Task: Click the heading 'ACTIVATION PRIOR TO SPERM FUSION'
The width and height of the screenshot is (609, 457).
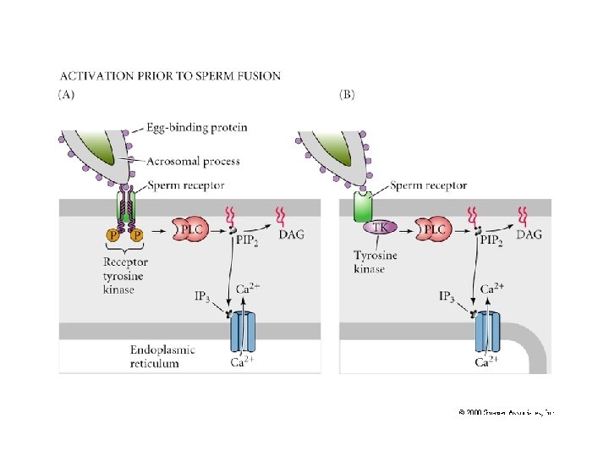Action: pyautogui.click(x=169, y=76)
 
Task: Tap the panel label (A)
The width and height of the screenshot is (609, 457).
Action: pyautogui.click(x=66, y=94)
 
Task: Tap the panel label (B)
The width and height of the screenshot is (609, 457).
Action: pyautogui.click(x=347, y=94)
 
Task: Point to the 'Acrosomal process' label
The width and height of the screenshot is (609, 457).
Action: pyautogui.click(x=194, y=161)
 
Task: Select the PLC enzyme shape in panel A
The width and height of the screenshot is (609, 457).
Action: pyautogui.click(x=189, y=230)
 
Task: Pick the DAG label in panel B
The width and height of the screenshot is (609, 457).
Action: pyautogui.click(x=529, y=234)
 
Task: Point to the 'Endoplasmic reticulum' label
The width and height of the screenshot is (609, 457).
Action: pyautogui.click(x=162, y=355)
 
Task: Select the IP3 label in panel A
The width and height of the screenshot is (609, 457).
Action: pyautogui.click(x=203, y=296)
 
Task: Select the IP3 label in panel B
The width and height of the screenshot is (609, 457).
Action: pyautogui.click(x=451, y=296)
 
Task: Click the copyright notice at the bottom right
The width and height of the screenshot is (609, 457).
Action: pyautogui.click(x=505, y=412)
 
